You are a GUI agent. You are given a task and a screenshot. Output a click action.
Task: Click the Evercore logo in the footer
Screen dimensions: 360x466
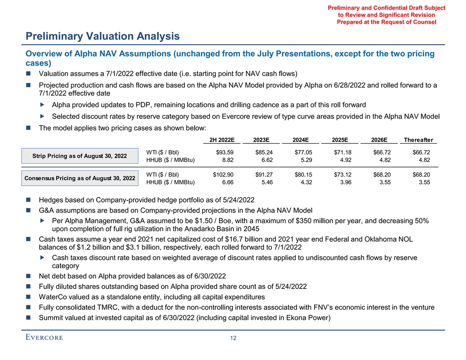(44, 338)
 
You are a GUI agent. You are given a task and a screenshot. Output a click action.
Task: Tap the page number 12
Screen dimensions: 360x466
(233, 338)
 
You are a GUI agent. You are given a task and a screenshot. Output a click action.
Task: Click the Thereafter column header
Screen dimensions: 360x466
(418, 140)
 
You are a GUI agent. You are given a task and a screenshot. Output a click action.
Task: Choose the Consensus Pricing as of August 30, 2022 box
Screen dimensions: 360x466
(80, 178)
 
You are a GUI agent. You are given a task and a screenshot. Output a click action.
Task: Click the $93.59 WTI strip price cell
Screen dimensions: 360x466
(224, 152)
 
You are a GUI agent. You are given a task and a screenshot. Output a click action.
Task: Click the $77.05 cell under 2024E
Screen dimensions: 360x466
(301, 152)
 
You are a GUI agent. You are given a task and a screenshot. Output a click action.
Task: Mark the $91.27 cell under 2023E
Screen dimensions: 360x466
(263, 174)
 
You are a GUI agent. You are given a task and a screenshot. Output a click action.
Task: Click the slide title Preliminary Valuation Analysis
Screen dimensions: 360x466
(102, 36)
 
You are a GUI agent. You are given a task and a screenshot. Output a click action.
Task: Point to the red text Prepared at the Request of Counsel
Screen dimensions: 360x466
(386, 22)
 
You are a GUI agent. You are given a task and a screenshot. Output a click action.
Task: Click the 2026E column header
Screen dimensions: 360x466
(379, 140)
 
